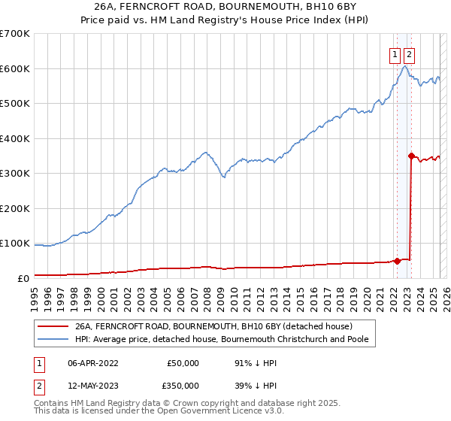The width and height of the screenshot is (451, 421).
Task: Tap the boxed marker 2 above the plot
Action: (409, 54)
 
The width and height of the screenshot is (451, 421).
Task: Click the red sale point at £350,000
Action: (411, 156)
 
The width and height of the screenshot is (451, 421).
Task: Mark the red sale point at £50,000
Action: (397, 261)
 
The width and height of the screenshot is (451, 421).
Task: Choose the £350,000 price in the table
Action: (183, 385)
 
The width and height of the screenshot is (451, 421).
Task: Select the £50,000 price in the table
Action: (183, 363)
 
